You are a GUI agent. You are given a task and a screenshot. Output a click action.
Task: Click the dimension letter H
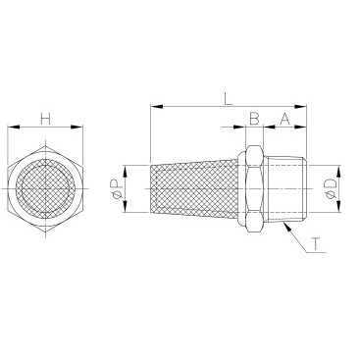(46, 119)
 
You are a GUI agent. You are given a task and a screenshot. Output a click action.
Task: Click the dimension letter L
(228, 99)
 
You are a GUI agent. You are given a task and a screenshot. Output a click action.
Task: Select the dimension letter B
(254, 119)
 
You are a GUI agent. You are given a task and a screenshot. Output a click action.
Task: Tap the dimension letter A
(284, 119)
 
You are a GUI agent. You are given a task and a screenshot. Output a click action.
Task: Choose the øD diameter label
(330, 188)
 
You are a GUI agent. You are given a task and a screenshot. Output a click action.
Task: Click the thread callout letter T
(316, 244)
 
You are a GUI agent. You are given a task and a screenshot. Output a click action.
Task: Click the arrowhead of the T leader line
(286, 226)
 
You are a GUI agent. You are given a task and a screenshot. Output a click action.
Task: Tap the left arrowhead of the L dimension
(156, 107)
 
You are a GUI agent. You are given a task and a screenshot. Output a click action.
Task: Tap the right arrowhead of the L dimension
(300, 107)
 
